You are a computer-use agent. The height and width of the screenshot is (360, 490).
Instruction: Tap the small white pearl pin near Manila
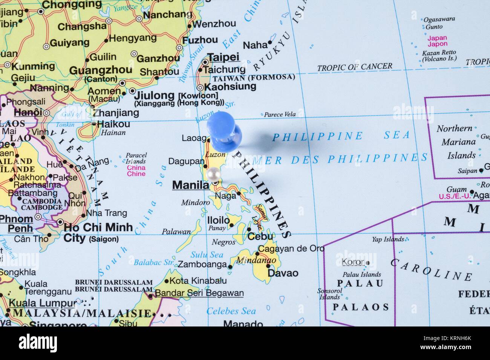(x=213, y=174)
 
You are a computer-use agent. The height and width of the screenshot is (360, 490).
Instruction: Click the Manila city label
(x=190, y=185)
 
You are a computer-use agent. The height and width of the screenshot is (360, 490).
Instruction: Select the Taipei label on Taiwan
(x=224, y=57)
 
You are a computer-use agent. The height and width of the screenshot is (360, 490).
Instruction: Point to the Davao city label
(x=283, y=273)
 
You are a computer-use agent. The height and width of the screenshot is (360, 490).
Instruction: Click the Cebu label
(x=260, y=236)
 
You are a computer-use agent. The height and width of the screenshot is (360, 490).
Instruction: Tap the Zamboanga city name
(x=202, y=264)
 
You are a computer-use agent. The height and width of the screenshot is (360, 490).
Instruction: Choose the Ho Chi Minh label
(x=98, y=227)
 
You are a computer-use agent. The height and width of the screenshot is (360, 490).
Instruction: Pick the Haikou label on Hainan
(x=113, y=124)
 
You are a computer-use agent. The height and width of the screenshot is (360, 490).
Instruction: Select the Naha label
(x=255, y=45)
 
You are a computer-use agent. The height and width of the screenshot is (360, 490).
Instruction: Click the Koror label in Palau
(x=353, y=262)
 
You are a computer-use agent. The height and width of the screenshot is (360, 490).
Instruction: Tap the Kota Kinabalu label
(x=198, y=281)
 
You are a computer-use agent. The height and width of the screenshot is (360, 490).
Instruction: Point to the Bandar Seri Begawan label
(x=199, y=293)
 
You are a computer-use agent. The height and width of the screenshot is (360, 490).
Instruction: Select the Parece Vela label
(x=280, y=114)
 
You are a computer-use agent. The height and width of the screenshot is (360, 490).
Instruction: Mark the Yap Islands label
(x=388, y=239)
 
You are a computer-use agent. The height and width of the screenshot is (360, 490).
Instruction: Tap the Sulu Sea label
(x=207, y=255)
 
